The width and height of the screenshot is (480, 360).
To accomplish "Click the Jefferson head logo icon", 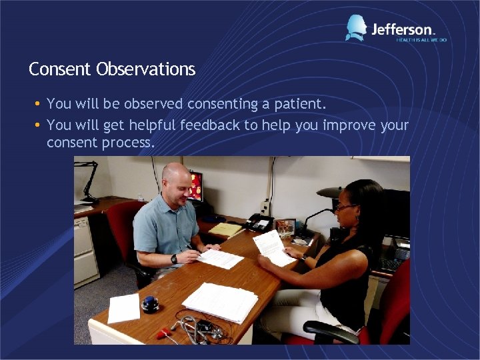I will (356, 28).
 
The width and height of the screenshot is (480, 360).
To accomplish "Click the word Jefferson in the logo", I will (403, 29).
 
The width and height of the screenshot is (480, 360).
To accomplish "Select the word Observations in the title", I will (146, 69).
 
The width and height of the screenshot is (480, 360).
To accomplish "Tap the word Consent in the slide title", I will (61, 69).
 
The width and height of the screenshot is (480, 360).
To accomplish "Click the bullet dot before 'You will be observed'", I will (38, 104).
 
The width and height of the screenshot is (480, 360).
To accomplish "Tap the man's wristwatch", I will (174, 258).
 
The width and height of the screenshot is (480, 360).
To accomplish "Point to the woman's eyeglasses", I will (345, 207).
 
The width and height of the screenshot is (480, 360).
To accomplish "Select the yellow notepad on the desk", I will (227, 229).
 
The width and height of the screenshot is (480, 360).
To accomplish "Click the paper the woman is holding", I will (274, 246).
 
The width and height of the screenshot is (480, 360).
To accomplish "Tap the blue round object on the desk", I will (151, 304).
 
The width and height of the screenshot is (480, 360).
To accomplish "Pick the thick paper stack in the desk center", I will (220, 302).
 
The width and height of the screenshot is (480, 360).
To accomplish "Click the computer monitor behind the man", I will (195, 187).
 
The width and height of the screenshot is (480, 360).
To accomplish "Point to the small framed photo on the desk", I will (285, 227).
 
